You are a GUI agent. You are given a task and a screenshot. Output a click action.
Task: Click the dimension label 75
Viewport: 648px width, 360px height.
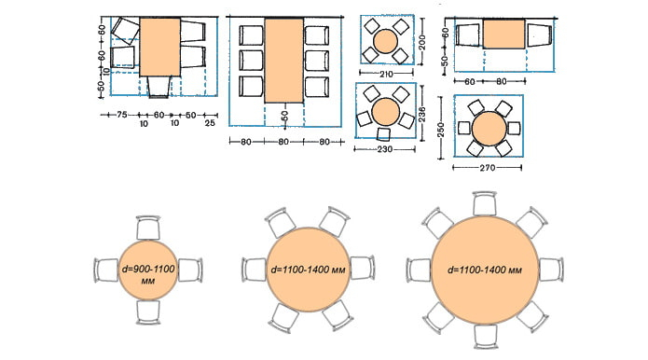click(121, 115)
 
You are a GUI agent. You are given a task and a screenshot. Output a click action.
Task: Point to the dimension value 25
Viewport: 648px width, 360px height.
click(210, 123)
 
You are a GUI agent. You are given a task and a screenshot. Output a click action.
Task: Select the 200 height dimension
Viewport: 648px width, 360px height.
click(422, 42)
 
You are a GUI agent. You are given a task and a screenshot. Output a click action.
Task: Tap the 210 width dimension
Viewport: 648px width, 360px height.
click(385, 74)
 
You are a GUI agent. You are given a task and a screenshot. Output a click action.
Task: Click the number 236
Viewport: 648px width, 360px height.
click(421, 113)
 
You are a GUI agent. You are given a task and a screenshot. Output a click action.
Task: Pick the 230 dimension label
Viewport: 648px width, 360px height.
click(384, 149)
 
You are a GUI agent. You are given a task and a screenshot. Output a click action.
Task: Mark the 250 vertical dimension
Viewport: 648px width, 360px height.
click(440, 130)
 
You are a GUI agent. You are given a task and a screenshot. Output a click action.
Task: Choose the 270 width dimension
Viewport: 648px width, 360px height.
click(487, 167)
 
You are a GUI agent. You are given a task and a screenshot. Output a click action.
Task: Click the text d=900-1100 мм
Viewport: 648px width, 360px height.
click(148, 274)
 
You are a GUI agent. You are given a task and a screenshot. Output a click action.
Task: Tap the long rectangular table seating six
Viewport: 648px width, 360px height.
click(284, 61)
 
